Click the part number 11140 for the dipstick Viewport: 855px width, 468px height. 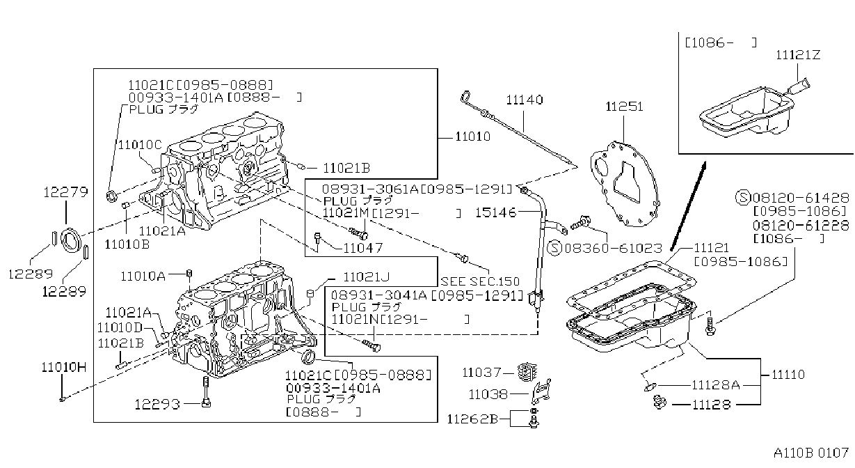[525, 100]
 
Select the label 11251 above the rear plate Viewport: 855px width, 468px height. [625, 107]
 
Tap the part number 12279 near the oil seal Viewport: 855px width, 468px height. [65, 192]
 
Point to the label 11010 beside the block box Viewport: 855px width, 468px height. [473, 136]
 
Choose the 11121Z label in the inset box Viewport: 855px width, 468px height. [798, 55]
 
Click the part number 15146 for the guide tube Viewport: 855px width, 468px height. [496, 212]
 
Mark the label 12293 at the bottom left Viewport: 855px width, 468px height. [157, 404]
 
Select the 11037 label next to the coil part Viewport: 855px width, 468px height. [481, 372]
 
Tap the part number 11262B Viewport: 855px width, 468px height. [472, 419]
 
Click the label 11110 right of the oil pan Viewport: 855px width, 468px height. [788, 375]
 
